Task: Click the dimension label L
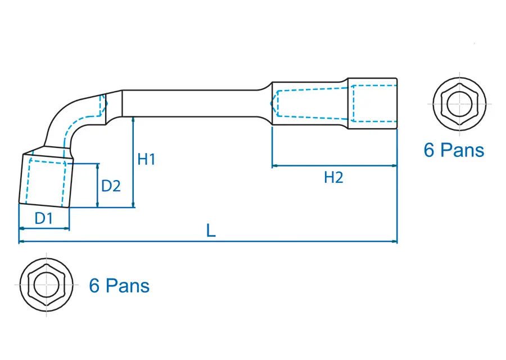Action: pyautogui.click(x=211, y=231)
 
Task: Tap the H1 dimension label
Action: pyautogui.click(x=146, y=160)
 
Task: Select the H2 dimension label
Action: pyautogui.click(x=333, y=178)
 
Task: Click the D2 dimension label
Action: pyautogui.click(x=111, y=186)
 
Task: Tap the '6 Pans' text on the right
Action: pyautogui.click(x=454, y=150)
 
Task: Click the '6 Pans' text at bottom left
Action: pyautogui.click(x=119, y=286)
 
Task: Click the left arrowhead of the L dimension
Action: pyautogui.click(x=21, y=242)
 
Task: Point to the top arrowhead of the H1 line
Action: pyautogui.click(x=133, y=119)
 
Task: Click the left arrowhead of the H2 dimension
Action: pyautogui.click(x=275, y=166)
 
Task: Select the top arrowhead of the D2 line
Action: pyautogui.click(x=98, y=166)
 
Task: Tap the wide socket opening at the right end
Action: pyautogui.click(x=373, y=103)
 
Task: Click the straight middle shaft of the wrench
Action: pyautogui.click(x=191, y=103)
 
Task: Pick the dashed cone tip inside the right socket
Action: pyautogui.click(x=273, y=103)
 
